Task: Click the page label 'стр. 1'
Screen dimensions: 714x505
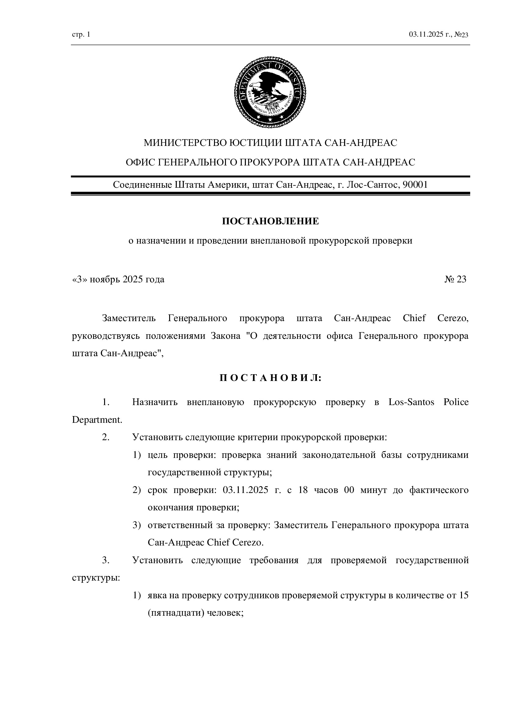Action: [x=81, y=34]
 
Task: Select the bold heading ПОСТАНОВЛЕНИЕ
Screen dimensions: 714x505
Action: [x=270, y=221]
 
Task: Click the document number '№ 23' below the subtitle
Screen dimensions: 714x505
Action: [x=455, y=279]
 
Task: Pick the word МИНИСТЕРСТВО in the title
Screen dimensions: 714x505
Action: [x=185, y=143]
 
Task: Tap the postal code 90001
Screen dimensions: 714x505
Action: [x=415, y=185]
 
